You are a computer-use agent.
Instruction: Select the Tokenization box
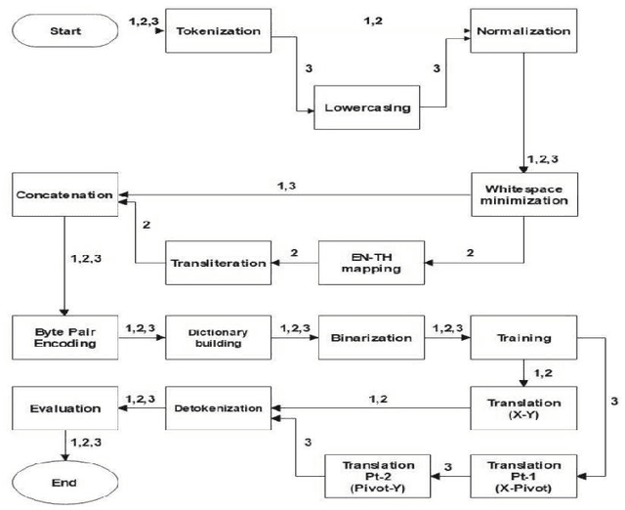pos(218,31)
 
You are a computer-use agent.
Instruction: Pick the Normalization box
pos(523,31)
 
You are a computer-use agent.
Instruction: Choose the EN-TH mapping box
pos(366,262)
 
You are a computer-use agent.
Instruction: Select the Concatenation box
pos(63,195)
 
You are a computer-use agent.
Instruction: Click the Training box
pos(523,339)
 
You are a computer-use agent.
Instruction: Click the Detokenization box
pos(218,407)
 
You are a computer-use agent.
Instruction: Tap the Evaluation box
pos(63,409)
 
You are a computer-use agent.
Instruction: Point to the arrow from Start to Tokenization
pos(132,32)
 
